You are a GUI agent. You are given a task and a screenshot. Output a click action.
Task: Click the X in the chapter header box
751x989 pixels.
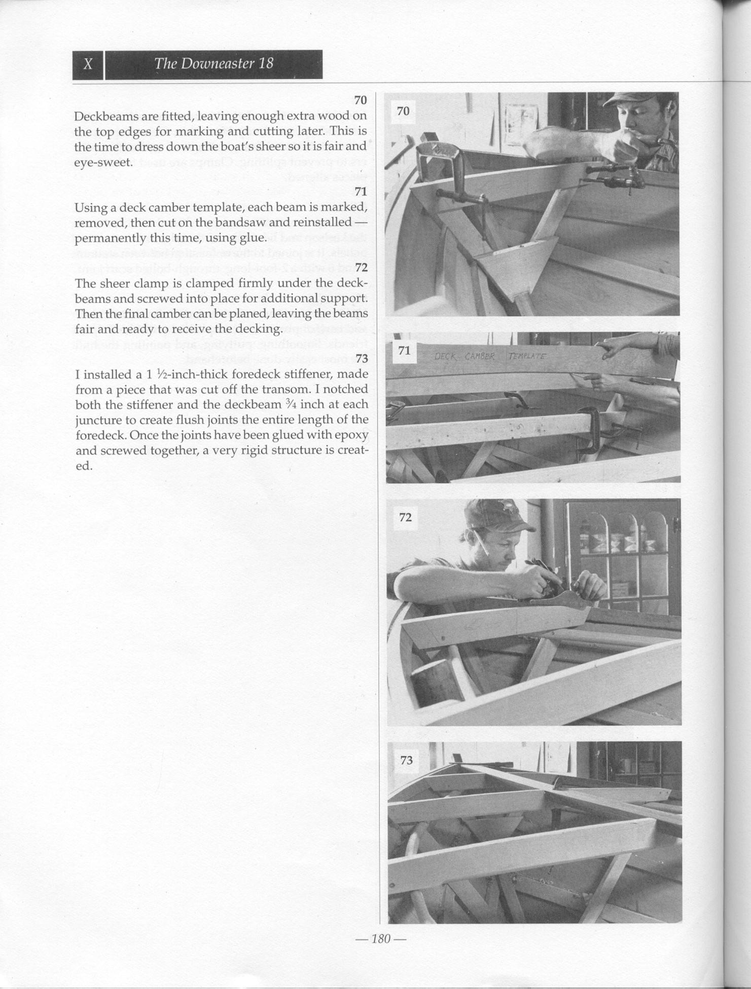coord(88,64)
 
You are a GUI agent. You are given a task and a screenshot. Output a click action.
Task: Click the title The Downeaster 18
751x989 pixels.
coord(213,63)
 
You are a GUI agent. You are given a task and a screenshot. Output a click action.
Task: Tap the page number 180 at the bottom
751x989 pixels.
coord(380,939)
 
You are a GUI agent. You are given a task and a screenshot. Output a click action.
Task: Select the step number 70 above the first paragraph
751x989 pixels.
coord(360,100)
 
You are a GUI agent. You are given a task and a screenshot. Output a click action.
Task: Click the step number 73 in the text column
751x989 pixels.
coord(361,359)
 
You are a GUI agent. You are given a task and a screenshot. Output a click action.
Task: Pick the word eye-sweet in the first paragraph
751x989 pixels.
coord(103,162)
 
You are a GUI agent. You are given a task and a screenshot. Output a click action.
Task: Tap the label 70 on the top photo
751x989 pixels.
coord(403,111)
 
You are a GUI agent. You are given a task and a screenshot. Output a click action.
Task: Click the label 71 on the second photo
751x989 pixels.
coord(404,350)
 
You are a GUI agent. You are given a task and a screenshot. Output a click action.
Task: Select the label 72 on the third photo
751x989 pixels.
coord(406,517)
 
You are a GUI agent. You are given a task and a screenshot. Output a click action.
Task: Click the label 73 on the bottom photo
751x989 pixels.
coord(406,760)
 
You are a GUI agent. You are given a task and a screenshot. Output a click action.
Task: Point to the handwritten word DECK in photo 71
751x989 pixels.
coord(445,356)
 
